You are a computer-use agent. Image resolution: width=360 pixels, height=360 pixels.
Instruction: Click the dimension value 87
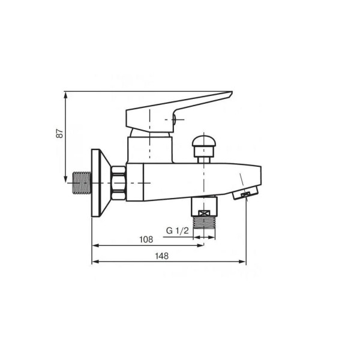pyautogui.click(x=59, y=133)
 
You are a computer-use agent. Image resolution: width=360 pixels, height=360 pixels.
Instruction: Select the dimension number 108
pyautogui.click(x=146, y=239)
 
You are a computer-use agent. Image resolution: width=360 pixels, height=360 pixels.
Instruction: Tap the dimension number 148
pyautogui.click(x=161, y=256)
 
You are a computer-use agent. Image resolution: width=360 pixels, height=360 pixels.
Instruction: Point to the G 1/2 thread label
pyautogui.click(x=177, y=230)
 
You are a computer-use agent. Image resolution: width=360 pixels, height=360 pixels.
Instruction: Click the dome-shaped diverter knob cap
pyautogui.click(x=204, y=142)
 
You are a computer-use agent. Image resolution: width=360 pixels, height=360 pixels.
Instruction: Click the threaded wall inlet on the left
pyautogui.click(x=82, y=182)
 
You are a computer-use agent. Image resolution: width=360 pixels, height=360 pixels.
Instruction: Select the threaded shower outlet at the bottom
pyautogui.click(x=204, y=222)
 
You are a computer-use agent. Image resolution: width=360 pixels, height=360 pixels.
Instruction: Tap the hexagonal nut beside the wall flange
pyautogui.click(x=118, y=183)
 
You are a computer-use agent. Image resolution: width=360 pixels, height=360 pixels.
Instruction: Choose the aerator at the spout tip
pyautogui.click(x=245, y=193)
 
